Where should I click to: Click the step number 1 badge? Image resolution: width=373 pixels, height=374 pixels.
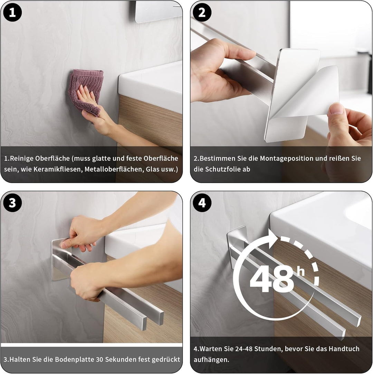tap(12, 12)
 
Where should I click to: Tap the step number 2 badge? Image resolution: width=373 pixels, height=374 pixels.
tap(202, 12)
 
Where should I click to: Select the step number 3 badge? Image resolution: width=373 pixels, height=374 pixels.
tap(12, 203)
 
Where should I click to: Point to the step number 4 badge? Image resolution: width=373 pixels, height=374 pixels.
tap(202, 203)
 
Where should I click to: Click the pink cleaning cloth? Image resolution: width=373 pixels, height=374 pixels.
tap(86, 91)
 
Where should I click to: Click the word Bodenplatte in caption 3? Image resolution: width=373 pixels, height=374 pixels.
tap(73, 359)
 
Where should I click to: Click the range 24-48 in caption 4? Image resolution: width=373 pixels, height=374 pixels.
tap(244, 349)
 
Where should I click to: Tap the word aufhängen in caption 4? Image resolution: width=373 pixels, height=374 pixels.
tap(210, 359)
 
